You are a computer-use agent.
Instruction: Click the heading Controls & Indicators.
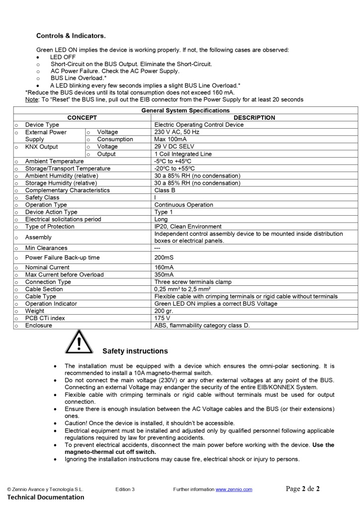(x=71, y=36)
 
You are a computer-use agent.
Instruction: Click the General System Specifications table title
(x=185, y=110)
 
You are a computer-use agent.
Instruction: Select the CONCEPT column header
(x=82, y=118)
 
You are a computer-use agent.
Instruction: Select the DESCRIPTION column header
(x=254, y=118)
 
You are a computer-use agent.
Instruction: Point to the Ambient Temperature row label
(x=54, y=162)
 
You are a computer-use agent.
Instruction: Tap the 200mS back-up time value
(x=164, y=257)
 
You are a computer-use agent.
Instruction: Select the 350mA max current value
(x=164, y=275)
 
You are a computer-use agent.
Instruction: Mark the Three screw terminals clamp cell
(x=193, y=282)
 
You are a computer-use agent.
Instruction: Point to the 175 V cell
(x=162, y=318)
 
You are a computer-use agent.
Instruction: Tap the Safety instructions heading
(x=135, y=351)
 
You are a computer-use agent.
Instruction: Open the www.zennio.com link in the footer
(x=234, y=490)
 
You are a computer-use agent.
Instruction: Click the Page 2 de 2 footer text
(x=302, y=489)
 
